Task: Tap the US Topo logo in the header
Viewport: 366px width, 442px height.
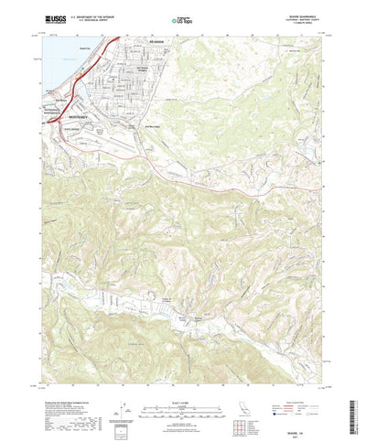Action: tap(181, 19)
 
